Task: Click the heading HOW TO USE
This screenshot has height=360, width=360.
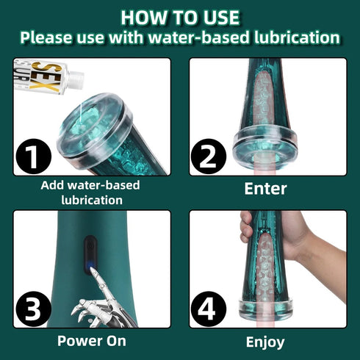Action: (x=180, y=15)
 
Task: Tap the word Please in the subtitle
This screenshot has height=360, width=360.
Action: (x=45, y=37)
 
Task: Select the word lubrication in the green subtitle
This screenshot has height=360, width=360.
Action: (x=298, y=37)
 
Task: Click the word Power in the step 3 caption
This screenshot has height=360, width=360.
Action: (x=79, y=341)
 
